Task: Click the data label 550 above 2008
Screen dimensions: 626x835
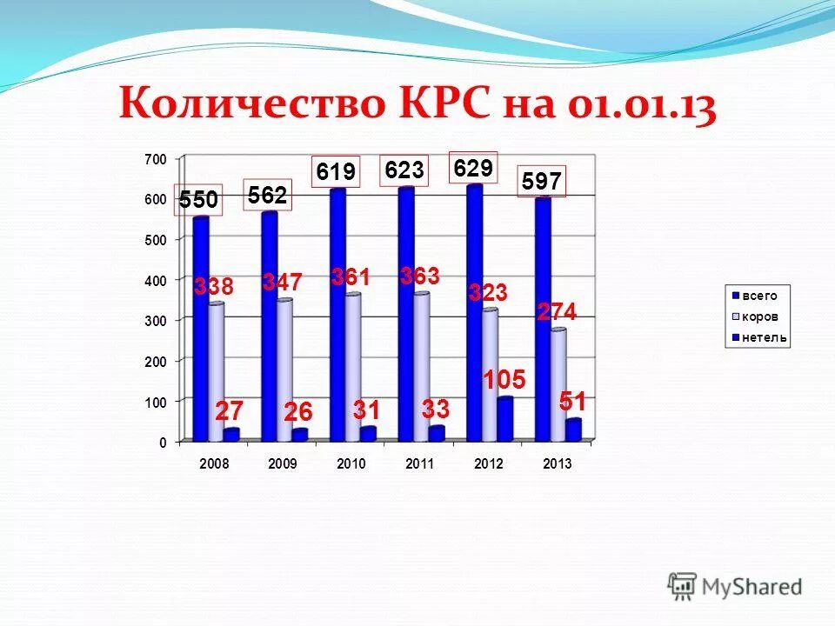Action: [198, 201]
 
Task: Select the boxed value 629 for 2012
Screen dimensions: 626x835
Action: [473, 168]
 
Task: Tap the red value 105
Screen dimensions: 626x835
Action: [504, 380]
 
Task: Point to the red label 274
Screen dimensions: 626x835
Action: [557, 312]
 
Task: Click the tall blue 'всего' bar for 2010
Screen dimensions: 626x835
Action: [337, 313]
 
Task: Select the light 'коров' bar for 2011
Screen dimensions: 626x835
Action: [421, 365]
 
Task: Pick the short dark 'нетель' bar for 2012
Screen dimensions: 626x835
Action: [504, 418]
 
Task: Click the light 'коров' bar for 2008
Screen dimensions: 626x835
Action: [216, 370]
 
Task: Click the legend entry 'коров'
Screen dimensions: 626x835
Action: [758, 316]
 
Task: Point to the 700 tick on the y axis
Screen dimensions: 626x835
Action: [155, 160]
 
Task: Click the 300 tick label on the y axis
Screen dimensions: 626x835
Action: [155, 321]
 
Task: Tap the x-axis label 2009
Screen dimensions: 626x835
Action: [282, 464]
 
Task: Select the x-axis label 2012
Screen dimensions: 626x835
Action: [489, 464]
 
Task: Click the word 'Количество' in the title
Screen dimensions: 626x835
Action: [252, 104]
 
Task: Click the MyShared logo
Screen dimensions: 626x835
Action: [735, 586]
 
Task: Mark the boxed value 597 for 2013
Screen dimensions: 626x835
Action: [542, 181]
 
